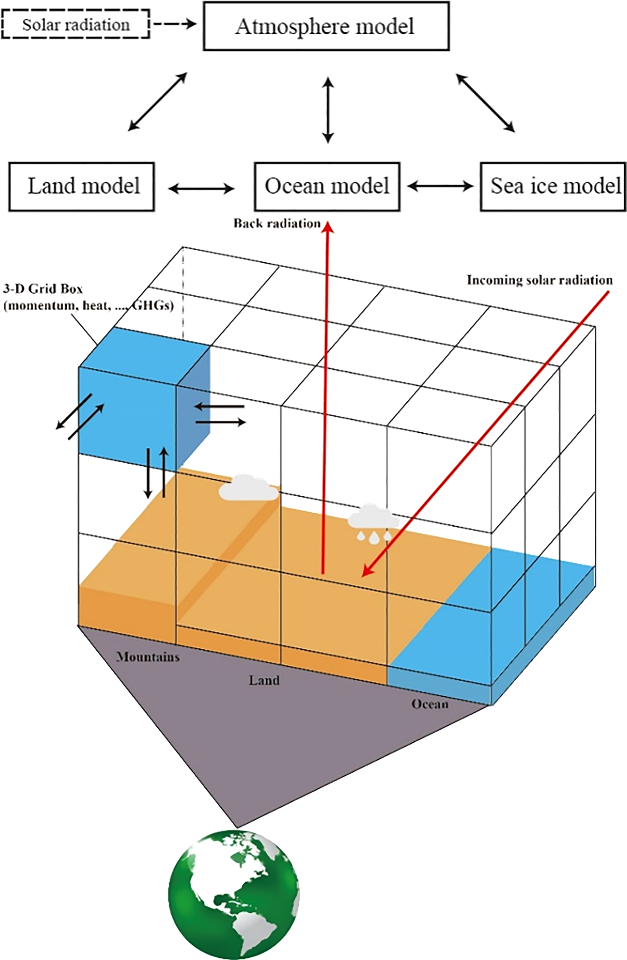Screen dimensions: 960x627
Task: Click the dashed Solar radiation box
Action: pyautogui.click(x=75, y=25)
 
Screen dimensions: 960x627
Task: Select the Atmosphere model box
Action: pyautogui.click(x=326, y=26)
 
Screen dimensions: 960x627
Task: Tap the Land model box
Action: pyautogui.click(x=82, y=186)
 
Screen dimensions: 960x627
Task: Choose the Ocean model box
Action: pyautogui.click(x=327, y=186)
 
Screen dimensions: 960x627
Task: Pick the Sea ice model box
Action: pyautogui.click(x=553, y=186)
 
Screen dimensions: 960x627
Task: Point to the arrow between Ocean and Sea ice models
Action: pyautogui.click(x=440, y=186)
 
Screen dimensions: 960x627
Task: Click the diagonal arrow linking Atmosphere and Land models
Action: pyautogui.click(x=158, y=102)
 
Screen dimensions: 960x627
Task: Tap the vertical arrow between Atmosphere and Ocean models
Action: pyautogui.click(x=329, y=110)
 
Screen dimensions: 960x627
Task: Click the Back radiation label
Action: pyautogui.click(x=276, y=223)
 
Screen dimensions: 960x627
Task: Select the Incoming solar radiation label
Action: pyautogui.click(x=539, y=280)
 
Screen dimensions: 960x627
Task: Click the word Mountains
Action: pyautogui.click(x=148, y=657)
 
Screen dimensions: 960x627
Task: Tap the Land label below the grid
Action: pyautogui.click(x=264, y=680)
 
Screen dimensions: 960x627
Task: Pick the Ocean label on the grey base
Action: pyautogui.click(x=430, y=704)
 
